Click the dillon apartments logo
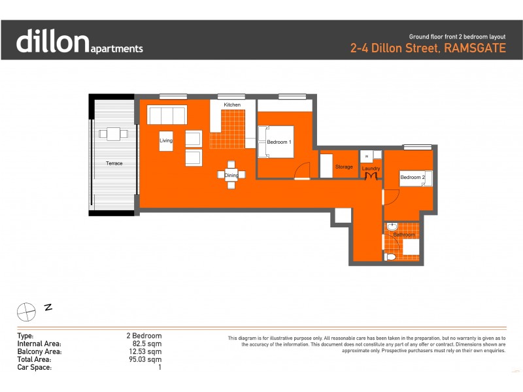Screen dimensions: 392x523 tap(79, 41)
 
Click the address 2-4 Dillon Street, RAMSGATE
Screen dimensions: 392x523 tap(428, 48)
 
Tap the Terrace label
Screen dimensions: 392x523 tap(115, 163)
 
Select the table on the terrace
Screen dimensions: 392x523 tap(114, 134)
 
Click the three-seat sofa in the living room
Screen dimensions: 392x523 tap(167, 115)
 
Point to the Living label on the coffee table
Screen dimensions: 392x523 tap(166, 140)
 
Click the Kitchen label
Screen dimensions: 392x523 tap(232, 105)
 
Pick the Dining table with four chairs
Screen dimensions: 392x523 tap(231, 175)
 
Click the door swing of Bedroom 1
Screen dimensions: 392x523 tap(301, 171)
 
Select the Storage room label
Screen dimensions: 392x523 tap(344, 167)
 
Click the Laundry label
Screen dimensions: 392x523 tap(371, 169)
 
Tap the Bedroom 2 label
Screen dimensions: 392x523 tap(413, 178)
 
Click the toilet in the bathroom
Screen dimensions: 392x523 tap(391, 257)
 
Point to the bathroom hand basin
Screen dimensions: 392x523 tap(392, 227)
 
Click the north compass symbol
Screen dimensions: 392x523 tap(26, 311)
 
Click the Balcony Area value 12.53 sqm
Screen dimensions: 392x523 tap(146, 351)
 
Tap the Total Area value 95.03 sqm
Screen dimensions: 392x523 tap(146, 359)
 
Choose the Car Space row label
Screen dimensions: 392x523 tap(33, 367)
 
